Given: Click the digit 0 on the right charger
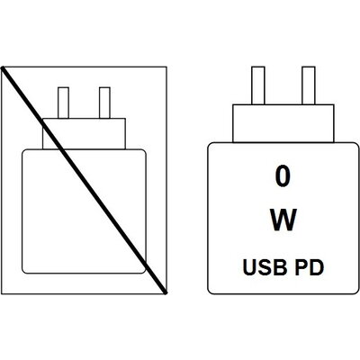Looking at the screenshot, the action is pos(283,177).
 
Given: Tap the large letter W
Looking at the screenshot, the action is pos(283,220).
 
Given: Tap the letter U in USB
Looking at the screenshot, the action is pos(249,268).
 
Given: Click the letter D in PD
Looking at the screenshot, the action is pos(317,268).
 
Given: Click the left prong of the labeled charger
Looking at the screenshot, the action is pos(258,85).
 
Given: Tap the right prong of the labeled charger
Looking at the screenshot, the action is pos(309,85).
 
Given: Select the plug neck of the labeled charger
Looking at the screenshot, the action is pos(283,123).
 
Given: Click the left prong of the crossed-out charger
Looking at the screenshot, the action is pos(63,103).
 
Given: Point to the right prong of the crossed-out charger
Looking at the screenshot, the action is pos(104,103).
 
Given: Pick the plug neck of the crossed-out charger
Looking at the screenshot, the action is pos(84,134).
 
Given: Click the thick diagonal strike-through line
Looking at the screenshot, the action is pos(84,180).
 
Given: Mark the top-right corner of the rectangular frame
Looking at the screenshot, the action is pos(166,67).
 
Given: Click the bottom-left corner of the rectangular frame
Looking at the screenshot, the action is pos(2,294).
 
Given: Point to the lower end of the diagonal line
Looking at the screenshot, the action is pos(166,292).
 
